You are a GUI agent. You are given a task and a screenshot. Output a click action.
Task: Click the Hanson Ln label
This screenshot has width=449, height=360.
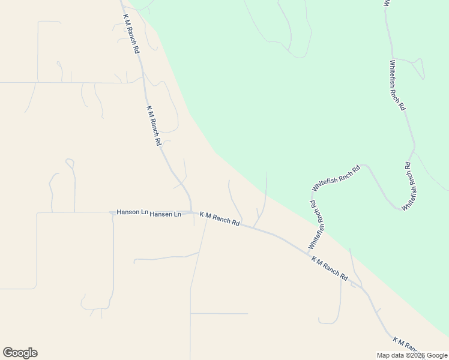pos(132,212)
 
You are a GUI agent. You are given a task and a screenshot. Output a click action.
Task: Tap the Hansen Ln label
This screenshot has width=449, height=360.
pos(165,214)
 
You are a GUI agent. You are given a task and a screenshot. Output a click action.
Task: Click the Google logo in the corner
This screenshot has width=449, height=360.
pos(20,353)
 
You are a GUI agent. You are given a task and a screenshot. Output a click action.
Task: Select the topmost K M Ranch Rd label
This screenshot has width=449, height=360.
pos(131,35)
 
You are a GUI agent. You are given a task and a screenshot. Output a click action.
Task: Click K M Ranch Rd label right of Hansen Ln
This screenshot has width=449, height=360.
pos(220,220)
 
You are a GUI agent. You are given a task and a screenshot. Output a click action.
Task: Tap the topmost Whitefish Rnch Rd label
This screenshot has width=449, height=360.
pos(397,85)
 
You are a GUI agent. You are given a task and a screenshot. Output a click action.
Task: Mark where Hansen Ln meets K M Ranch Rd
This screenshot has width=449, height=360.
pos(191,213)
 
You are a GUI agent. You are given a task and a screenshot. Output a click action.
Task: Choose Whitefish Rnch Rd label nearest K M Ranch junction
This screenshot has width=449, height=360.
pos(317,225)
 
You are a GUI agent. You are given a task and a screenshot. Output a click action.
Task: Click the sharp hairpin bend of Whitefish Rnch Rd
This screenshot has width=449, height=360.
pos(401,208)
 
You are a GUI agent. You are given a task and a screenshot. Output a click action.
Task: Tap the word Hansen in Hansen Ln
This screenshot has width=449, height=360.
pos(161,214)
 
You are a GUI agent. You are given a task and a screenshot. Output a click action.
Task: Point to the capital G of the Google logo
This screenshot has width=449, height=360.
pos(8,352)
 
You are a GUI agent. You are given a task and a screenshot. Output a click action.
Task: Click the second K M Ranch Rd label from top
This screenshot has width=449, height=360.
pos(154,126)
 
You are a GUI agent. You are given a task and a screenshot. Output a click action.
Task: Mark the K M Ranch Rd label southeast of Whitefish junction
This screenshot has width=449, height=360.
pos(330,269)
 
